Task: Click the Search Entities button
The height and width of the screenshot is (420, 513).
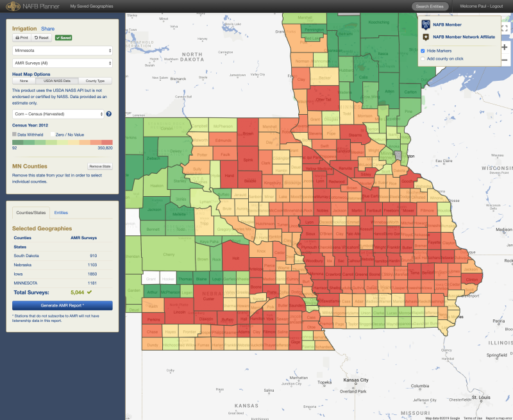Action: (x=429, y=6)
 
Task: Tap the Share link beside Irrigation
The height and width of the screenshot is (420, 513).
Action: (x=48, y=29)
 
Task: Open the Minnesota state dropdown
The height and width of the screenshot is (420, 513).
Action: (x=63, y=50)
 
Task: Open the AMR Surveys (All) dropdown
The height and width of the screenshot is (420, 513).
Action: (x=63, y=63)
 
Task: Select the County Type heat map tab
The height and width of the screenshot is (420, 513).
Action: (x=96, y=81)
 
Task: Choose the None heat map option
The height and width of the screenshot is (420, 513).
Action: (x=24, y=81)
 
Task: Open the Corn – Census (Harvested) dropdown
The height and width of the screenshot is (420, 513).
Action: (x=58, y=113)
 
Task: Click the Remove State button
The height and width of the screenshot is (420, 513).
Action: (x=100, y=166)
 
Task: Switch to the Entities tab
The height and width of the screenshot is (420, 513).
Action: (x=61, y=212)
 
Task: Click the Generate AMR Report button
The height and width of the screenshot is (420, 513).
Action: (x=62, y=305)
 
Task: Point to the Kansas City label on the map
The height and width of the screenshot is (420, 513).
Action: (x=355, y=380)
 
